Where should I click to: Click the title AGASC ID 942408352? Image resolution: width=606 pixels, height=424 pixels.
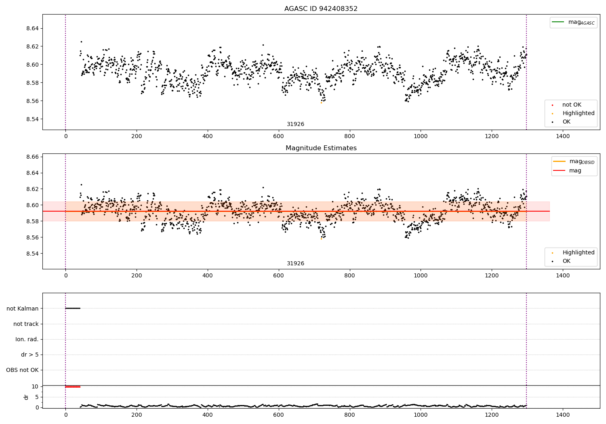click(x=321, y=9)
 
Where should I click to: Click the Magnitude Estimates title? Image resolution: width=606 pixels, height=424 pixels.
click(x=321, y=148)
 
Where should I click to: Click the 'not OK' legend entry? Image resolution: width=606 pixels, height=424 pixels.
click(x=571, y=105)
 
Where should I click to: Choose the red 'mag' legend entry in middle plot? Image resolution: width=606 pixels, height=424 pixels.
click(x=575, y=171)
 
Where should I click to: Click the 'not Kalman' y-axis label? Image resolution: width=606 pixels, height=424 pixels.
click(x=23, y=309)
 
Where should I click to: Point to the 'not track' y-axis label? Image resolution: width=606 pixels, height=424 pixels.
click(x=26, y=324)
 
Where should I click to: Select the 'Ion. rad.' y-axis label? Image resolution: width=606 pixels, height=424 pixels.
click(x=27, y=339)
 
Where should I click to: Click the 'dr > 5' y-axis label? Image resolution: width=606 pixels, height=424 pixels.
click(x=30, y=355)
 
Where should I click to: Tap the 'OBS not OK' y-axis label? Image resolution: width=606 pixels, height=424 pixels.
click(x=22, y=370)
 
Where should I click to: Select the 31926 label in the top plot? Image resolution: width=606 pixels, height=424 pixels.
click(x=295, y=124)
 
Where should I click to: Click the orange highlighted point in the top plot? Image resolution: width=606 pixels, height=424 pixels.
click(x=321, y=103)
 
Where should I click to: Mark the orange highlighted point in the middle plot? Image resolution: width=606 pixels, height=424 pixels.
click(x=321, y=239)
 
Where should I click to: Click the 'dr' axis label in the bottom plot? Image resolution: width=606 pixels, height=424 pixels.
click(x=26, y=397)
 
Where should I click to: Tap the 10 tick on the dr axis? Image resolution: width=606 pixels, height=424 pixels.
click(x=35, y=386)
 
